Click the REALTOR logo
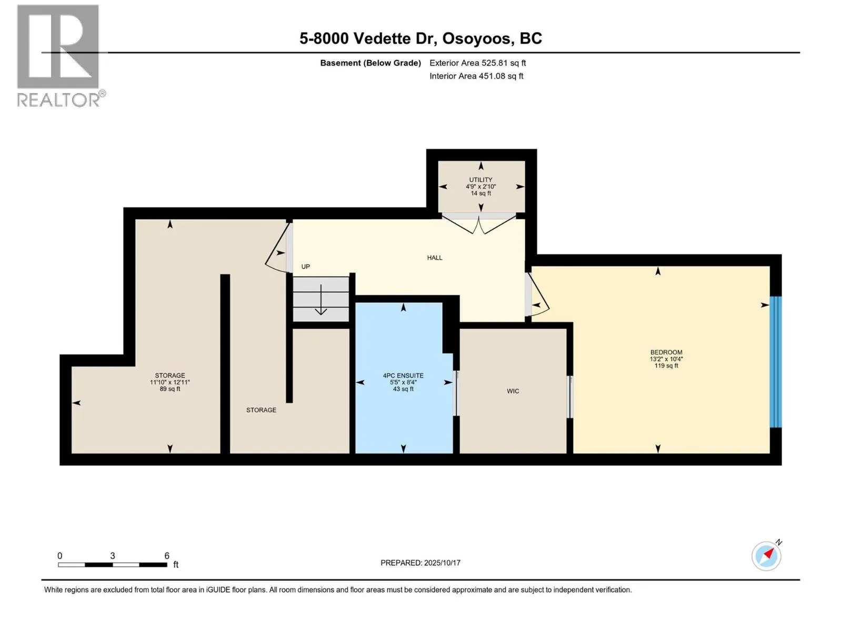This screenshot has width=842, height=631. tap(61, 56)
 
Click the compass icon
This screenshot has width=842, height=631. tap(766, 556)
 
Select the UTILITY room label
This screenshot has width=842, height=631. tap(480, 180)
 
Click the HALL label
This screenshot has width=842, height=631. tap(435, 258)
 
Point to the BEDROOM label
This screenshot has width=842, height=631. tap(666, 352)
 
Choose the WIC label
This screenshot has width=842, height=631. tap(513, 391)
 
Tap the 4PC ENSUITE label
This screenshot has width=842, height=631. tap(403, 376)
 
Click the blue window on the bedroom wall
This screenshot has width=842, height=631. tap(775, 362)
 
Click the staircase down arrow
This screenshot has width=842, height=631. tap(320, 299)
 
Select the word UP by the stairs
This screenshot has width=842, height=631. tap(305, 267)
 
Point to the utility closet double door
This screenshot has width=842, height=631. tap(479, 225)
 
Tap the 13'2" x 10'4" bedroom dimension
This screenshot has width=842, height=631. tap(666, 359)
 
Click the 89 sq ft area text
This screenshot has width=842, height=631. tap(170, 389)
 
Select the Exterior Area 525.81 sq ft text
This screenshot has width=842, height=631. tap(478, 63)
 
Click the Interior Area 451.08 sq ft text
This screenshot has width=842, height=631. tap(476, 76)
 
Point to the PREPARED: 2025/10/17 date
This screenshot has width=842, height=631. tap(420, 563)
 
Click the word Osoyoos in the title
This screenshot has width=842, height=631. tap(476, 39)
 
